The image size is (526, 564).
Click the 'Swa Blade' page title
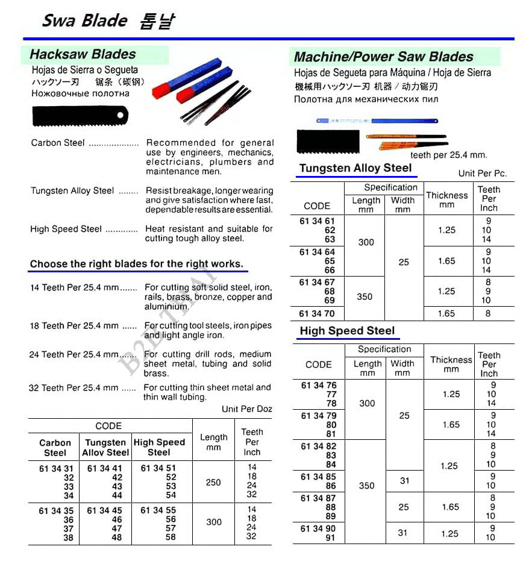click(x=84, y=20)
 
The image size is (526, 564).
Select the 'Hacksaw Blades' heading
click(x=83, y=54)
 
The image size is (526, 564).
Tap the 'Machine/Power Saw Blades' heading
click(x=383, y=57)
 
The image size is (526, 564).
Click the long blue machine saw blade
click(x=377, y=121)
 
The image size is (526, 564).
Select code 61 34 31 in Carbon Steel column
click(x=55, y=468)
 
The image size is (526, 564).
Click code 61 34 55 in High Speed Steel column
click(x=158, y=510)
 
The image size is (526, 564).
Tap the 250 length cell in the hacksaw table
click(x=213, y=482)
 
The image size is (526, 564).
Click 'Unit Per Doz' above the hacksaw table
click(x=247, y=409)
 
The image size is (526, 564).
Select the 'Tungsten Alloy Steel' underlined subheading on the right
click(x=355, y=168)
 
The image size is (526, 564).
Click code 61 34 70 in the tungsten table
click(x=317, y=313)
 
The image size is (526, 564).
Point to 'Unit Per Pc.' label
click(x=482, y=173)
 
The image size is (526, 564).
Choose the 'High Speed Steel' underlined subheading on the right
click(x=347, y=331)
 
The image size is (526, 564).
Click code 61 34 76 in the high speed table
click(x=319, y=386)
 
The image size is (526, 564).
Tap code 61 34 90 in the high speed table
click(x=319, y=528)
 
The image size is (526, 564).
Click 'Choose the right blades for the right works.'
click(x=136, y=264)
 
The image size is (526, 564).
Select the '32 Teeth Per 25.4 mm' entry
click(x=74, y=388)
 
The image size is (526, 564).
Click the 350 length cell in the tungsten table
click(x=365, y=296)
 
